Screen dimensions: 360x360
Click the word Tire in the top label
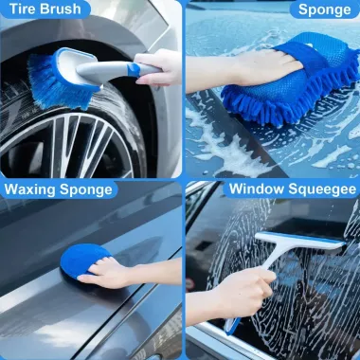tap(22, 9)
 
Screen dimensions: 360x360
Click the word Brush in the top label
tap(61, 9)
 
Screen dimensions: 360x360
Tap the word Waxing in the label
tap(30, 189)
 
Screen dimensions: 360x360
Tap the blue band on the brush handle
tap(134, 69)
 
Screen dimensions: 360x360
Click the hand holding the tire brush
tap(158, 67)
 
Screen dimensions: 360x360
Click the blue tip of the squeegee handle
tap(231, 325)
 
